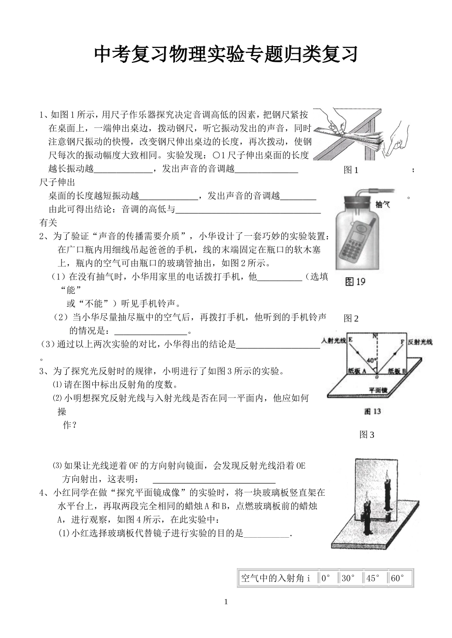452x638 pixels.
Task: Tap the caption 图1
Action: (x=351, y=170)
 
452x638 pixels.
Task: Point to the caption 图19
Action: (x=355, y=281)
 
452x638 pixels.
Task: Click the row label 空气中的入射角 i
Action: (x=276, y=579)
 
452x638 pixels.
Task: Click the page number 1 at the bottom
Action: (x=226, y=602)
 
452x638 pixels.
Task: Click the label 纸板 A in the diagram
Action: (x=356, y=371)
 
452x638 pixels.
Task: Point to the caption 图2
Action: (x=351, y=319)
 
